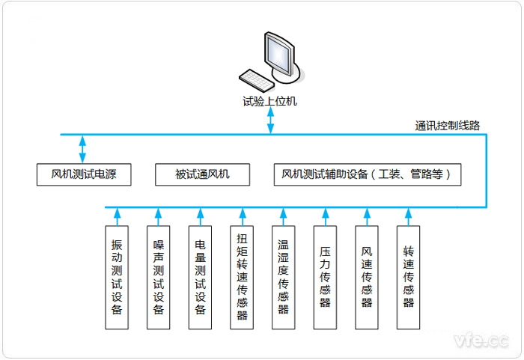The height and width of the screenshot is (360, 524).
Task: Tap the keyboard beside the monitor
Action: (x=255, y=78)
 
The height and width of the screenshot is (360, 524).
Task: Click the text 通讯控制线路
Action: (x=448, y=125)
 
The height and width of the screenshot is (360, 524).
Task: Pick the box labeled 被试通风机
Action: (x=202, y=175)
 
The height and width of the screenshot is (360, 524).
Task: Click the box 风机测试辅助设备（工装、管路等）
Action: (x=368, y=175)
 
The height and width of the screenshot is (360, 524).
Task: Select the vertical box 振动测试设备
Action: (x=117, y=277)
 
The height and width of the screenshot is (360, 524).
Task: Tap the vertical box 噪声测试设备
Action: (x=159, y=277)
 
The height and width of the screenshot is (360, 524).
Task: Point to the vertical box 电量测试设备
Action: (x=200, y=277)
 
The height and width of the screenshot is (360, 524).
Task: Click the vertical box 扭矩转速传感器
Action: (x=242, y=277)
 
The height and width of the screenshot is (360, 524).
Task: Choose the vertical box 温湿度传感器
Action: (x=284, y=277)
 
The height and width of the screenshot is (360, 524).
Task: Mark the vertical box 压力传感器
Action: (x=325, y=277)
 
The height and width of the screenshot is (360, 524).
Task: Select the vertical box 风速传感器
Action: (x=367, y=277)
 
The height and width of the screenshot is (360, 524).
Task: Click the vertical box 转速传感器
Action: (x=408, y=277)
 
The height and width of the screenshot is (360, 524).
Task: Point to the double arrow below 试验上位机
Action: (x=269, y=122)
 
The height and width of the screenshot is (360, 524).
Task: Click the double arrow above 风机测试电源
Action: (x=83, y=148)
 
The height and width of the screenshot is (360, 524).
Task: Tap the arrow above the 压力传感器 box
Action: (x=325, y=216)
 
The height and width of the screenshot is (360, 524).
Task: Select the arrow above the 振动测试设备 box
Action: (x=117, y=216)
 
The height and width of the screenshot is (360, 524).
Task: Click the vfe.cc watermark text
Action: (x=481, y=341)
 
